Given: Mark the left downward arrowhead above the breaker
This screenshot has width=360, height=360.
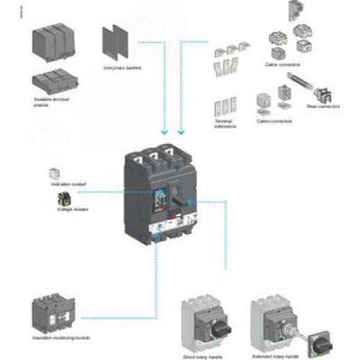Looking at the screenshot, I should (x=164, y=131).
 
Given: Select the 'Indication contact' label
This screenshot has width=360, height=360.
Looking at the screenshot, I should (x=68, y=184).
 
